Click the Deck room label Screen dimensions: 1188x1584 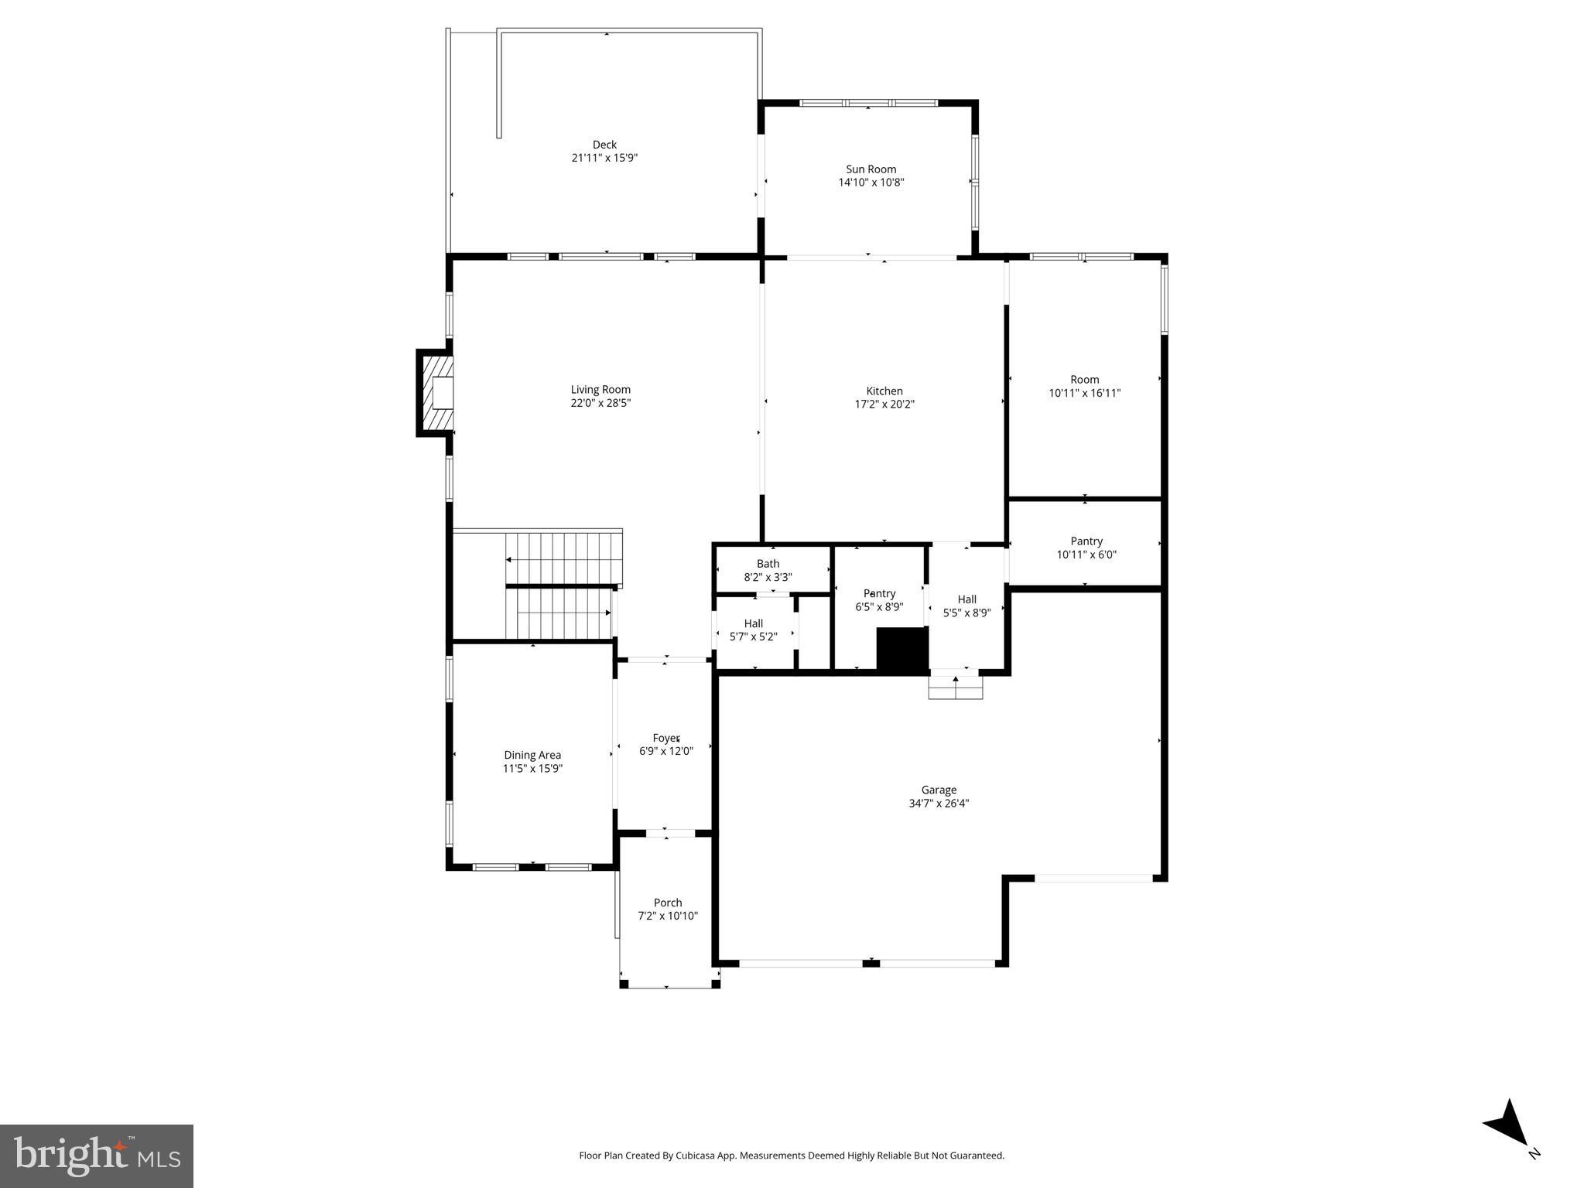point(604,145)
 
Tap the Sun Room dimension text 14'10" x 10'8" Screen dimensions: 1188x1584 point(871,183)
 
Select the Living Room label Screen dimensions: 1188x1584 point(600,390)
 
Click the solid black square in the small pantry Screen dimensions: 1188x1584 point(901,648)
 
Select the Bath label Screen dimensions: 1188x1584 point(768,564)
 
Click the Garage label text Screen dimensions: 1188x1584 point(939,790)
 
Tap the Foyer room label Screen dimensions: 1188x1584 point(665,738)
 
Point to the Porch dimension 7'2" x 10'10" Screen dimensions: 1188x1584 point(668,916)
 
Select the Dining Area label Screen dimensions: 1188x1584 point(532,755)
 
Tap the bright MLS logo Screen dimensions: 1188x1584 point(96,1156)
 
